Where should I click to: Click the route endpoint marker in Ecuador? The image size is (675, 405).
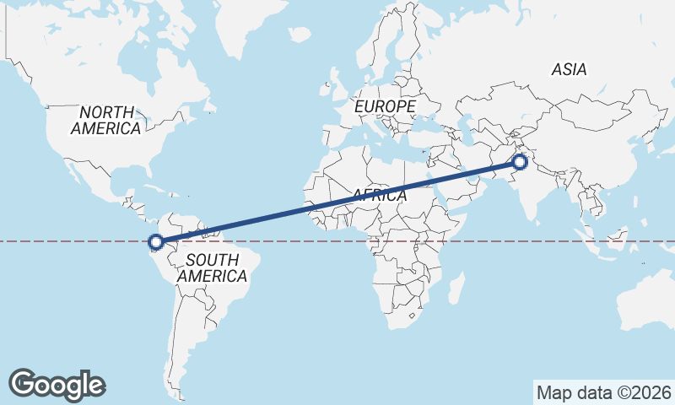tap(155, 243)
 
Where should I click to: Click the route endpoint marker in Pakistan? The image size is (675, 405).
tap(520, 162)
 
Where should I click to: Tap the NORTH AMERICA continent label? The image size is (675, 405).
tap(106, 120)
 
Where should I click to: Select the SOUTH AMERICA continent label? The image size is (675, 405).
tap(213, 267)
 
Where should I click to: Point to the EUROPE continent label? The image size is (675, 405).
tap(385, 107)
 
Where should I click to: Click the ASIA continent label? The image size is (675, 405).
tap(569, 70)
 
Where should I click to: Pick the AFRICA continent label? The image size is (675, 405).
tap(380, 196)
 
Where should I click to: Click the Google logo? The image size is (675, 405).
tap(57, 384)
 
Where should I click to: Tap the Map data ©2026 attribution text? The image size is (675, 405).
tap(603, 392)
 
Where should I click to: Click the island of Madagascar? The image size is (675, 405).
tap(456, 287)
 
